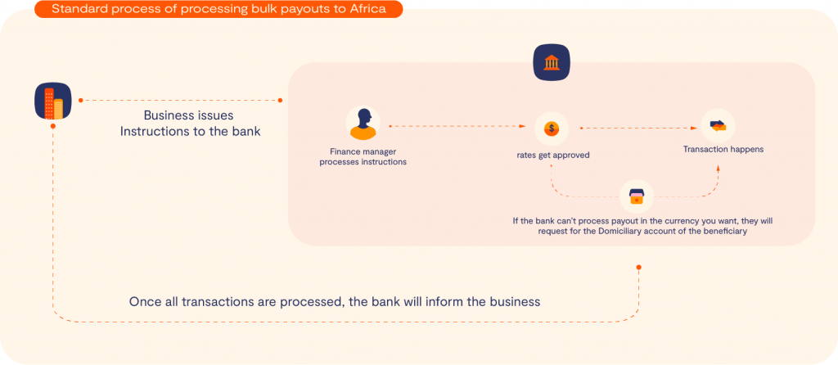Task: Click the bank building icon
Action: coord(552,62)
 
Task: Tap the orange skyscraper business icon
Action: coord(53,101)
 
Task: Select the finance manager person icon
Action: coord(363,124)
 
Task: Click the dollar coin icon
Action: coord(551,128)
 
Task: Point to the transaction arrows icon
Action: coord(718,126)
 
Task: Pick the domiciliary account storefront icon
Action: coord(637,196)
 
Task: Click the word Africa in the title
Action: coord(367,9)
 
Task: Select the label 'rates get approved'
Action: coord(552,155)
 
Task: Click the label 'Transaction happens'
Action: coord(723,149)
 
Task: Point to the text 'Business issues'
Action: coord(189,115)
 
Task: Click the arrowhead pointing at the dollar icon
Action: coord(523,127)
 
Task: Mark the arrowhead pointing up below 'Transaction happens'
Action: coord(718,168)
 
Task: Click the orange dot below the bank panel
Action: coord(638,268)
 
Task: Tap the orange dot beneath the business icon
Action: coord(53,126)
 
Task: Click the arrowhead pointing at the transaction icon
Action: coord(697,128)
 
